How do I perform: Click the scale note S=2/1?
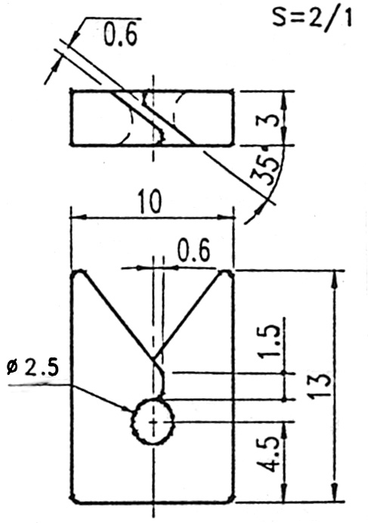point(311,17)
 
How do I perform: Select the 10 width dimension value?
point(150,202)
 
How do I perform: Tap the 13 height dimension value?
point(320,386)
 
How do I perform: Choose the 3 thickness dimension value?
point(268,120)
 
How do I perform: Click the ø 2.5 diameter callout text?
point(32,367)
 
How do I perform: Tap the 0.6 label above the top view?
point(120,35)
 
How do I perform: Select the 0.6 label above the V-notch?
point(194,249)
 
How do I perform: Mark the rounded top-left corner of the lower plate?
point(76,274)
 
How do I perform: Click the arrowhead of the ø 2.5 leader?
point(128,409)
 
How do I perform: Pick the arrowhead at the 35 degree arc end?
point(258,212)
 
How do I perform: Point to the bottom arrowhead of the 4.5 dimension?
point(284,493)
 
